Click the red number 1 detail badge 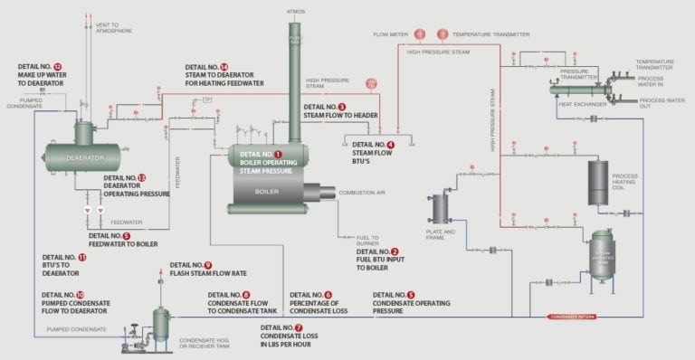(278, 155)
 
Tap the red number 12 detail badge (57, 67)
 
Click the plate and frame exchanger (441, 208)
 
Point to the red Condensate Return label (573, 317)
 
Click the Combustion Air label (362, 193)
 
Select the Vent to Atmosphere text (113, 31)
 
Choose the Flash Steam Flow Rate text (208, 273)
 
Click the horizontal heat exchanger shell (579, 90)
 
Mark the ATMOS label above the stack (296, 11)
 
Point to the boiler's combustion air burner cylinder (319, 193)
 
